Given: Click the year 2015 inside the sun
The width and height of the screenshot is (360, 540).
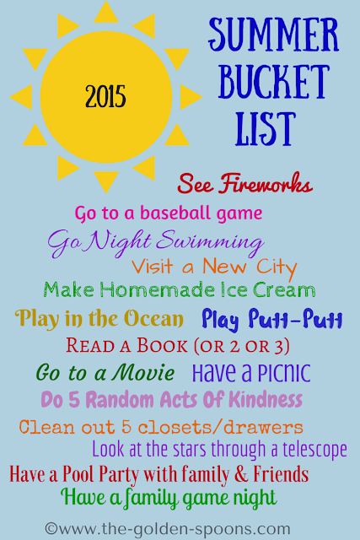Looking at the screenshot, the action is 105,96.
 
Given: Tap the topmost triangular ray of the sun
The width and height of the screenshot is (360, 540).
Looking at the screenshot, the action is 106,13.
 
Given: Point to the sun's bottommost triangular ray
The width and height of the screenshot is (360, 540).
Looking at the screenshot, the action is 106,181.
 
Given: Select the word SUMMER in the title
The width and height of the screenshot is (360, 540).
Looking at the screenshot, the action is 274,34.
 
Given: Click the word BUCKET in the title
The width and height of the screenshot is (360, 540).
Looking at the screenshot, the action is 274,81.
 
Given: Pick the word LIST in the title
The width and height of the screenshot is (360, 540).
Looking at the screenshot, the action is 266,128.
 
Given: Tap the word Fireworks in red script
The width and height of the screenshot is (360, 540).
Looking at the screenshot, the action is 266,183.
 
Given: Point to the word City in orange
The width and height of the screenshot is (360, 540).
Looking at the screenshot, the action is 277,267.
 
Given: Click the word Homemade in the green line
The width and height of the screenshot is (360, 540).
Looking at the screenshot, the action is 158,289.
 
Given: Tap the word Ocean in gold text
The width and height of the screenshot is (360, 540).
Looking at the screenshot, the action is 153,318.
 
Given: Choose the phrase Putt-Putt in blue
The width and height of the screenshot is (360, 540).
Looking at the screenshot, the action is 296,319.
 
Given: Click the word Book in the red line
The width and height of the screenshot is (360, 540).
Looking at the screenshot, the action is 162,345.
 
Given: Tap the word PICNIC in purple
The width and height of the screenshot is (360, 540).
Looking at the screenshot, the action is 283,373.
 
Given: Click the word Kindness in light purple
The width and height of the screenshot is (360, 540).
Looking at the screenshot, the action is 266,399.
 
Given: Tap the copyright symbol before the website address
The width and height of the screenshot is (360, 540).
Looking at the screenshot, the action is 51,528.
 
